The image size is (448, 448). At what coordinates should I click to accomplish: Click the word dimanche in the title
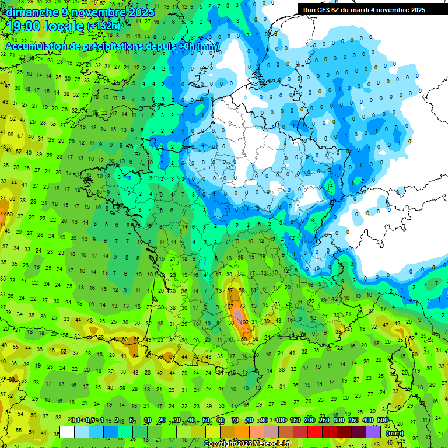point(31,12)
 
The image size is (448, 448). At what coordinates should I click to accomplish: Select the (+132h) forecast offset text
point(103,26)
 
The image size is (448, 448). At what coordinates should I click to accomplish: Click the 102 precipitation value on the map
point(244,321)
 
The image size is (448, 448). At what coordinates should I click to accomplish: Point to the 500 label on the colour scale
point(383,420)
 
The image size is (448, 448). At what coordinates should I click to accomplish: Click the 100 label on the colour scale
point(281,420)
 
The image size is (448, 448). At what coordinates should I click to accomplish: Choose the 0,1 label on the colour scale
point(75,420)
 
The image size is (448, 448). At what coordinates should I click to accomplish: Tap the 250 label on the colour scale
point(324,420)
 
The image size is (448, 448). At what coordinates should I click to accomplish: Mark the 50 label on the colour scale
point(206,420)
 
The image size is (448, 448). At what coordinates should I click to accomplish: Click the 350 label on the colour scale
point(353,420)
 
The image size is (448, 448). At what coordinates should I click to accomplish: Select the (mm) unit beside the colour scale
point(395,432)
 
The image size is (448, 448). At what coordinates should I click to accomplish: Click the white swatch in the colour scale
point(67,432)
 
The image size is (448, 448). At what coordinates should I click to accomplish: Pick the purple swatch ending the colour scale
point(373,432)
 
